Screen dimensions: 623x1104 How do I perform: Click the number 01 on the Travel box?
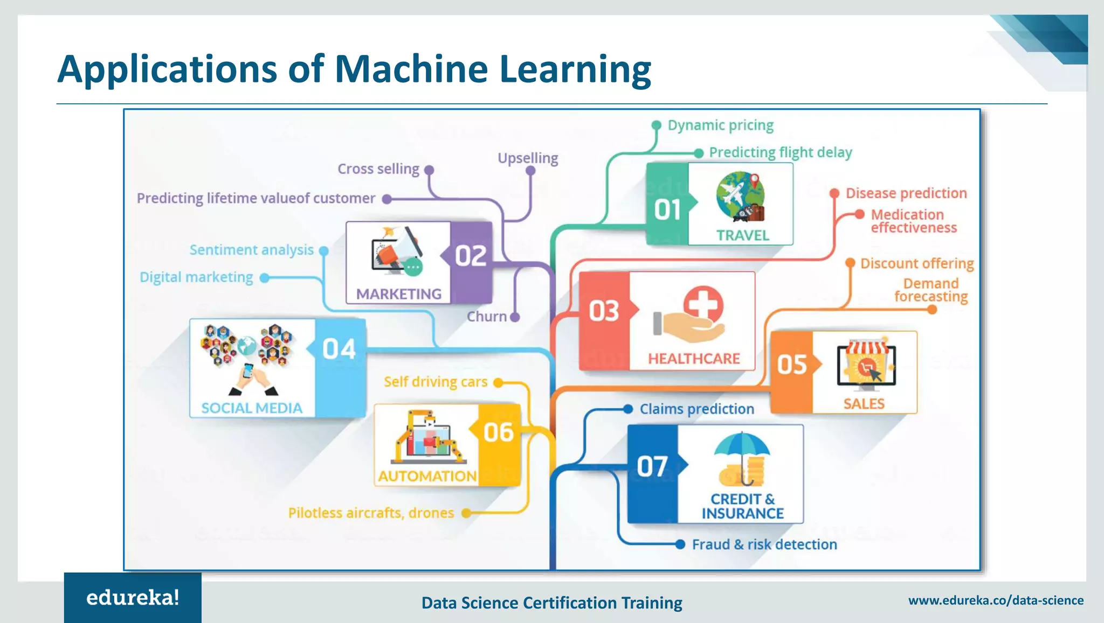[x=667, y=209]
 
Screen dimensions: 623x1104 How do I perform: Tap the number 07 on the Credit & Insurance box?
[x=652, y=466]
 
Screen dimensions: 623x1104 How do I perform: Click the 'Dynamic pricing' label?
[x=720, y=125]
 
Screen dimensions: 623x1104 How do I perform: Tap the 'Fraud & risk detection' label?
[x=764, y=544]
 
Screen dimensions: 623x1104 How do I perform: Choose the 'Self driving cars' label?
[x=436, y=382]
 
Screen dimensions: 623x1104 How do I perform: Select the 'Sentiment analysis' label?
[x=251, y=250]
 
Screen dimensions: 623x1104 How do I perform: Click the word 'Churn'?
[x=486, y=317]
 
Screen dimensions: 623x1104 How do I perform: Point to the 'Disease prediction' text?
[x=906, y=193]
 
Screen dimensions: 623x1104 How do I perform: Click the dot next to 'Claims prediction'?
[x=628, y=409]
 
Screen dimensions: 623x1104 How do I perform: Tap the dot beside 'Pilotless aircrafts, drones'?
[x=466, y=513]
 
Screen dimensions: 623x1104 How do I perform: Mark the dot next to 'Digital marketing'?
[x=264, y=278]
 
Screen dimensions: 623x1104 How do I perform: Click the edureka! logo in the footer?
[x=133, y=598]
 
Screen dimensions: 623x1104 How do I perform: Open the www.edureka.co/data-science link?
[x=996, y=600]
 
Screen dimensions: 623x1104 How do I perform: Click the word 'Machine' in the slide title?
[x=411, y=69]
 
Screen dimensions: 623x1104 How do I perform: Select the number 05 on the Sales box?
[x=791, y=365]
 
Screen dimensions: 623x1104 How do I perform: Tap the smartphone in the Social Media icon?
[x=248, y=371]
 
